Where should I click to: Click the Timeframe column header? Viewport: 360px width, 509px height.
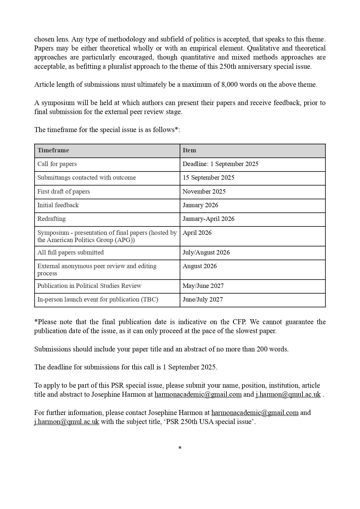pyautogui.click(x=53, y=150)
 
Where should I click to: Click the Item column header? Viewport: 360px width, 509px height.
pyautogui.click(x=189, y=150)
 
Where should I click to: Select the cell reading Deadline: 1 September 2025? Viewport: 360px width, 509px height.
pyautogui.click(x=220, y=164)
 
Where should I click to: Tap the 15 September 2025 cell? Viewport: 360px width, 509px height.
pyautogui.click(x=208, y=178)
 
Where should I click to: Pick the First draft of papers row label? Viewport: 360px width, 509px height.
pyautogui.click(x=64, y=192)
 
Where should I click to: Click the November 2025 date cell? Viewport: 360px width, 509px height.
pyautogui.click(x=204, y=192)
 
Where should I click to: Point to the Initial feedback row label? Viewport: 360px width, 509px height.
pyautogui.click(x=58, y=205)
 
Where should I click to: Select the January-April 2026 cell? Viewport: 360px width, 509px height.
pyautogui.click(x=208, y=219)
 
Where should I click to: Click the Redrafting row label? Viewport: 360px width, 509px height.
pyautogui.click(x=51, y=219)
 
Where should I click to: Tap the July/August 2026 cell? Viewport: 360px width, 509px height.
pyautogui.click(x=206, y=252)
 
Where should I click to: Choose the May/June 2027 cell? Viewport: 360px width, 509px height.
pyautogui.click(x=203, y=286)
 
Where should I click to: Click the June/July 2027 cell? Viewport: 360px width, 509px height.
pyautogui.click(x=202, y=299)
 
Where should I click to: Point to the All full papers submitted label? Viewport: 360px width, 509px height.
pyautogui.click(x=70, y=252)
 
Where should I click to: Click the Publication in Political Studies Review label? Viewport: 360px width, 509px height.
pyautogui.click(x=89, y=286)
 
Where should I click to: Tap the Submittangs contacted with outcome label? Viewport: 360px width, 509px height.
pyautogui.click(x=86, y=178)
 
